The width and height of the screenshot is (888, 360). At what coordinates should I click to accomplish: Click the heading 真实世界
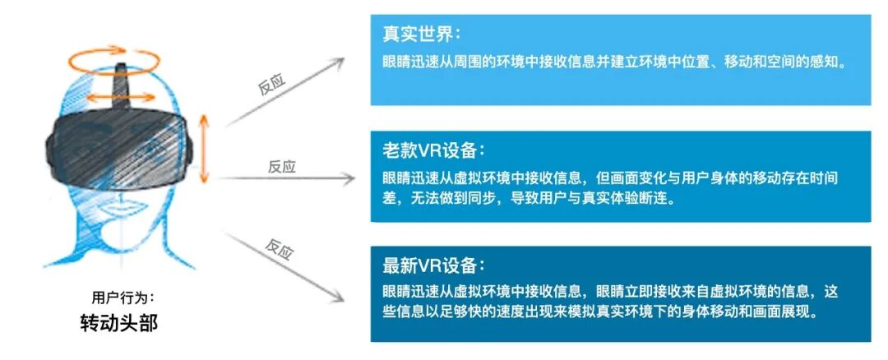click(x=421, y=35)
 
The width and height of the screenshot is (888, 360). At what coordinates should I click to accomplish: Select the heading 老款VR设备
click(x=433, y=151)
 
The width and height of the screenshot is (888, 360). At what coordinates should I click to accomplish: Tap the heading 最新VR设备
click(x=433, y=266)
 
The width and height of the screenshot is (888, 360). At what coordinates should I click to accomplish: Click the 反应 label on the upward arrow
click(x=272, y=85)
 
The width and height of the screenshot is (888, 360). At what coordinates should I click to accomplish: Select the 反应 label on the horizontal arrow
click(x=281, y=167)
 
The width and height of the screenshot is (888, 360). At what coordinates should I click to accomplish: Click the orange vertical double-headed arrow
click(x=205, y=148)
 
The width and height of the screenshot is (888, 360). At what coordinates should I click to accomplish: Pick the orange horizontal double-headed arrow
click(x=121, y=97)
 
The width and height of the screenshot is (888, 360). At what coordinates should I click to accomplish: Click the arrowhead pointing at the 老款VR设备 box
click(x=352, y=178)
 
